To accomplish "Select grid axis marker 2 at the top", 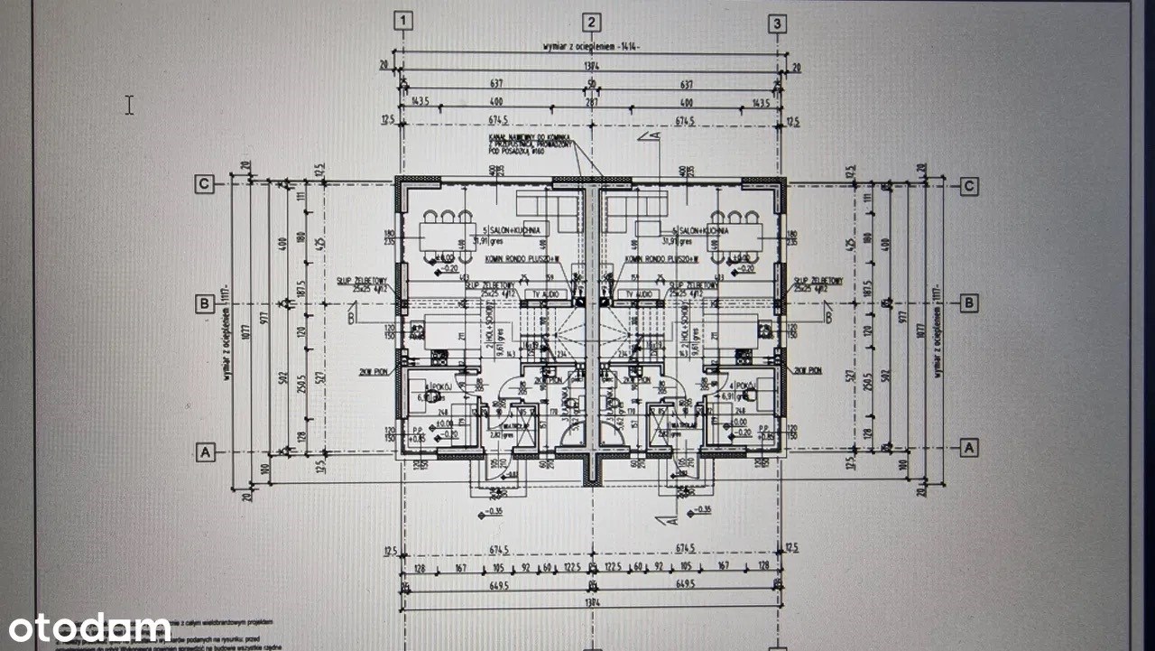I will pyautogui.click(x=591, y=22).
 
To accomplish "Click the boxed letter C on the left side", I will pyautogui.click(x=205, y=184).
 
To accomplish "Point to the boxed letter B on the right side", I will pyautogui.click(x=968, y=302).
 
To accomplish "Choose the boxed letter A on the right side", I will pyautogui.click(x=969, y=447).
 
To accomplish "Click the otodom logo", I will pyautogui.click(x=90, y=627).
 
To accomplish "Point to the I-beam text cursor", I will pyautogui.click(x=129, y=105).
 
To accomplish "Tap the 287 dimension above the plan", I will pyautogui.click(x=591, y=103).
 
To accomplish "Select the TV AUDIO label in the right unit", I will pyautogui.click(x=638, y=294).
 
